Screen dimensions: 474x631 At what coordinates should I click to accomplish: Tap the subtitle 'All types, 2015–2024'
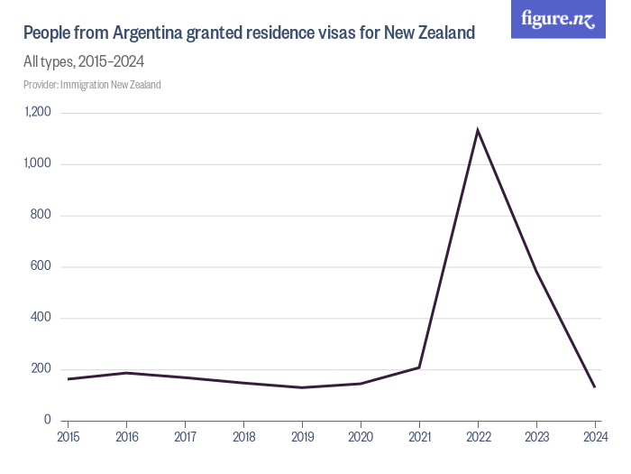84,62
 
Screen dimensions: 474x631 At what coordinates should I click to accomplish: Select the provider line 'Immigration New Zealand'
92,85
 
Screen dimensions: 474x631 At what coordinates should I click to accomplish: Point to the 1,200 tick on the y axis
37,112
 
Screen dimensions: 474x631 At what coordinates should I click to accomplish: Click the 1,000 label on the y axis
37,163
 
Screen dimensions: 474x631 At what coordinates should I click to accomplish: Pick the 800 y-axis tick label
41,215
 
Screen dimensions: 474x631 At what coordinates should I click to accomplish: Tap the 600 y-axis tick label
41,266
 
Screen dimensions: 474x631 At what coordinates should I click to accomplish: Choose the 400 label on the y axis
41,318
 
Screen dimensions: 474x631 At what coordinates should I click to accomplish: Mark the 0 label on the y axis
48,421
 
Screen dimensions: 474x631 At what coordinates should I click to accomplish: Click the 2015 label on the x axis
68,438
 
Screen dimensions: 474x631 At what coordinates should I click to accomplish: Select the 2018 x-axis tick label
243,438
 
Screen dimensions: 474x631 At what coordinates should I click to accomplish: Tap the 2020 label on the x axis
361,438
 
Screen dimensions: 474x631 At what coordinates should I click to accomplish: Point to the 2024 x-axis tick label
595,438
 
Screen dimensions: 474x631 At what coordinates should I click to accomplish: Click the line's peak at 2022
478,131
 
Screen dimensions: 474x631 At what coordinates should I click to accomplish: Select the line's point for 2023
536,270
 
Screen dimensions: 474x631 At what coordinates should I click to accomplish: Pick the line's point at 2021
419,367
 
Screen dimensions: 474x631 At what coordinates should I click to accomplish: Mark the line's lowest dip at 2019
302,387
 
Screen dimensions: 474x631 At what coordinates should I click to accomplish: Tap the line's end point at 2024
595,386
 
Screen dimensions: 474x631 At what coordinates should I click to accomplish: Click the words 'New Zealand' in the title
429,34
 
